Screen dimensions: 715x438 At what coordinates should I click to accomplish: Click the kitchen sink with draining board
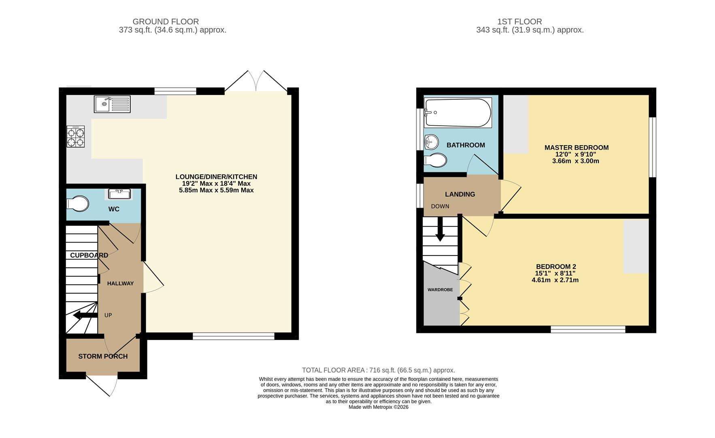click(x=112, y=104)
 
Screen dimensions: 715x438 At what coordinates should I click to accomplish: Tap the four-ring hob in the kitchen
click(x=76, y=136)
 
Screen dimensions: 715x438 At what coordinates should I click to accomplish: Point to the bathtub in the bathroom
click(x=458, y=113)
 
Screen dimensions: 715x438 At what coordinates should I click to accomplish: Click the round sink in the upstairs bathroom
click(x=432, y=142)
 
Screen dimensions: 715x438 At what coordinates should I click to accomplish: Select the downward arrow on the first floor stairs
click(x=440, y=229)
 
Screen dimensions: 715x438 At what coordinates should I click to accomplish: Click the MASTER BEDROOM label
click(x=576, y=148)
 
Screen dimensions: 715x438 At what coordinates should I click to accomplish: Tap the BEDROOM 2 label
click(x=556, y=266)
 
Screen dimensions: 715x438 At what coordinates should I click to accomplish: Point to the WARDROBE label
click(x=440, y=290)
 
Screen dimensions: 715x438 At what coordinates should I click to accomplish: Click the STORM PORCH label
click(x=103, y=356)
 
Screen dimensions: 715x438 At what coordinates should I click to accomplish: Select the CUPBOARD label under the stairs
click(x=89, y=255)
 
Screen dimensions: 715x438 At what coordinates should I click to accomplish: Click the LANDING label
click(x=460, y=194)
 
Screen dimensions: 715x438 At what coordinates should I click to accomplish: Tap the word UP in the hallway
click(x=108, y=315)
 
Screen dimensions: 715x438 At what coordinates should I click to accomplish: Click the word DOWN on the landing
click(x=440, y=206)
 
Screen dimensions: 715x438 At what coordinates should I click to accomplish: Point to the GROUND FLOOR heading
click(x=166, y=21)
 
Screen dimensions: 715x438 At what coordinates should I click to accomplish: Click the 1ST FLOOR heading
click(x=519, y=21)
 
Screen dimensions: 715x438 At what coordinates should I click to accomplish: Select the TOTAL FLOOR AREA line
click(x=379, y=370)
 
